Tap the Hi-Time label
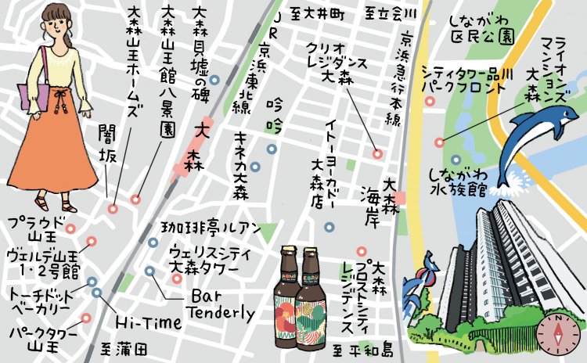(148, 322)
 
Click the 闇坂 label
(107, 145)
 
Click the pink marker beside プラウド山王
(70, 229)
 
